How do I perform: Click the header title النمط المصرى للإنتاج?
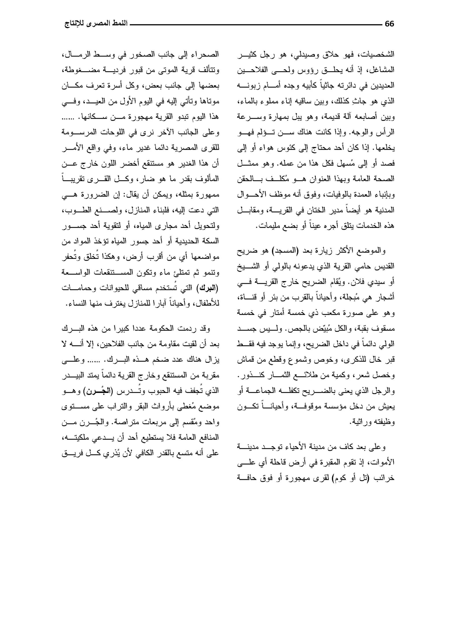(x=96, y=24)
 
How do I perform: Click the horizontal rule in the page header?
(x=255, y=24)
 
